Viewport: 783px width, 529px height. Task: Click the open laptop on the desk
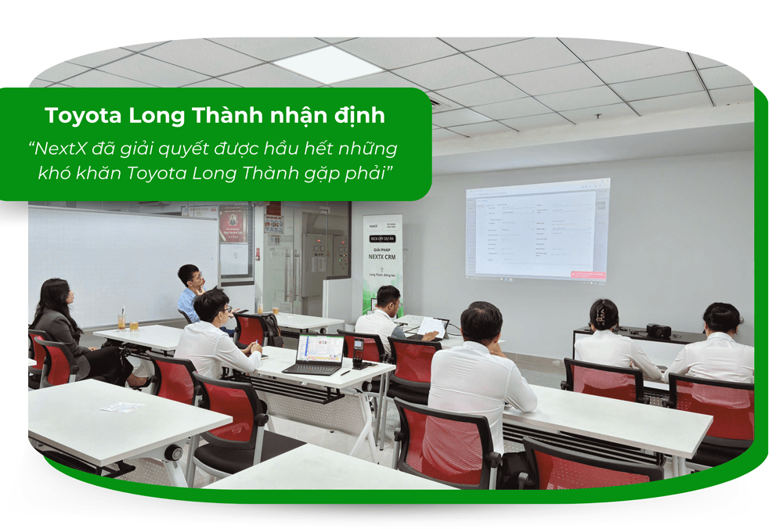tap(316, 354)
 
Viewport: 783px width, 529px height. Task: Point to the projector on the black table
tap(659, 330)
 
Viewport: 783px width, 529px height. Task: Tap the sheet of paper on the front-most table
tap(122, 408)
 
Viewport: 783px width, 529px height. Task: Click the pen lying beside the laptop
tap(345, 372)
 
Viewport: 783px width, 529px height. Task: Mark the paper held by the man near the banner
tap(431, 327)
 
